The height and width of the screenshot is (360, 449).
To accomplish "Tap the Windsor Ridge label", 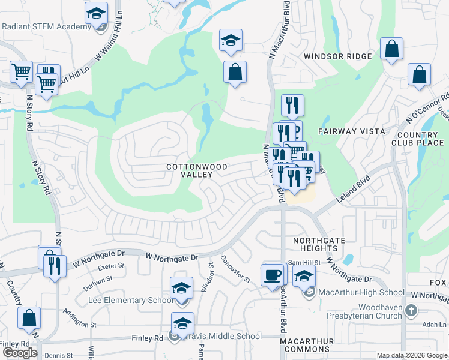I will (337, 56).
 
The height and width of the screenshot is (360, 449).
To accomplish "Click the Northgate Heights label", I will (319, 244).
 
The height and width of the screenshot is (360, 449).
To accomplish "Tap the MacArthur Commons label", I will (307, 345).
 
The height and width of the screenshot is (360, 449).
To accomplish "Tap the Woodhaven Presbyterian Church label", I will (363, 311).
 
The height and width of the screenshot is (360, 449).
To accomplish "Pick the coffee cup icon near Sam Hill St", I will (273, 275).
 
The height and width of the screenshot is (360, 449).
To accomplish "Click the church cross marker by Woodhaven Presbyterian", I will (410, 311).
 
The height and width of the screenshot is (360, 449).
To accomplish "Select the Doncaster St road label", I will (235, 268).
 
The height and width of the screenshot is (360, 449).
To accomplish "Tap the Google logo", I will (20, 353).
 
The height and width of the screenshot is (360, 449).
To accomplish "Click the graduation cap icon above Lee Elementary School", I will (182, 288).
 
